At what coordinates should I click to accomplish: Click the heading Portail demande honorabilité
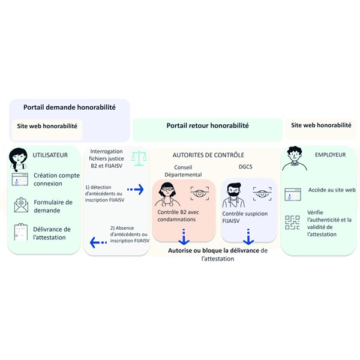[70, 107]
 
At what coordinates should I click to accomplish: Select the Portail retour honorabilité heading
[208, 125]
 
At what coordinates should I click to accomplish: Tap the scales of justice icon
[139, 158]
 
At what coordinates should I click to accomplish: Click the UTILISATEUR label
[50, 155]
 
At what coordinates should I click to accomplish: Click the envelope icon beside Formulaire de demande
[21, 205]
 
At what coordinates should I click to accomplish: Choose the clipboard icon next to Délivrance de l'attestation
[21, 232]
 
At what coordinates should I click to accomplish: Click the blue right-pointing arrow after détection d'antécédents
[136, 190]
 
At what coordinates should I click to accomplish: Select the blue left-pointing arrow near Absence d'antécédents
[98, 242]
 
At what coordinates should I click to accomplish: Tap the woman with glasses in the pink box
[167, 194]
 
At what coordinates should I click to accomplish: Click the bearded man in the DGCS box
[233, 196]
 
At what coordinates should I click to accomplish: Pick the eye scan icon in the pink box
[200, 193]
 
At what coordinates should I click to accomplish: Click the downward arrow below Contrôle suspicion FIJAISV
[248, 236]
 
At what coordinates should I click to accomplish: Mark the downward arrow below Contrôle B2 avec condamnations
[184, 236]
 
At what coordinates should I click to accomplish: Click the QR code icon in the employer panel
[292, 222]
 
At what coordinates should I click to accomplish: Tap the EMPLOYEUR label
[330, 155]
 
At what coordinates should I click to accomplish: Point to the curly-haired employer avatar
[295, 158]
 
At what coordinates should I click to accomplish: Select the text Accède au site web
[332, 190]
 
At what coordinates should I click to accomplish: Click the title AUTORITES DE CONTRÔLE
[208, 155]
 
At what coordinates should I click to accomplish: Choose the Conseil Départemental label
[183, 171]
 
